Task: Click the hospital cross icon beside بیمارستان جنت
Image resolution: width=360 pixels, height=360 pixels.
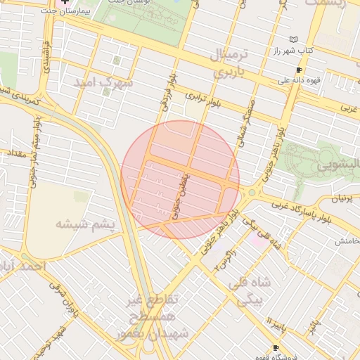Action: coord(66,3)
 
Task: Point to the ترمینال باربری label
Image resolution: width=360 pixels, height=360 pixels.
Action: coord(230,63)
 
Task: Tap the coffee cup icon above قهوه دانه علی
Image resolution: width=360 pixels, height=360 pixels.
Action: coord(299,70)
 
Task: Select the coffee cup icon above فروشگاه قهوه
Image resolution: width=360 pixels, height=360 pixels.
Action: coord(276,348)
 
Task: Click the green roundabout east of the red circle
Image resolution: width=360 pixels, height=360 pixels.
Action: coord(252,192)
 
